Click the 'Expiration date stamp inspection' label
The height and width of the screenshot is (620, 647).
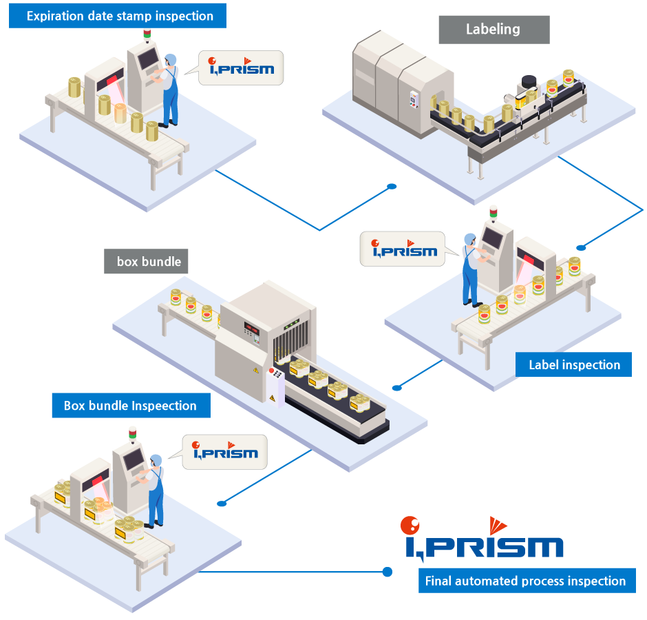pyautogui.click(x=117, y=16)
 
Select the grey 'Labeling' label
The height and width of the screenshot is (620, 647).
pyautogui.click(x=494, y=30)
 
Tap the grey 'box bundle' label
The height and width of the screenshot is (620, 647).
pyautogui.click(x=149, y=262)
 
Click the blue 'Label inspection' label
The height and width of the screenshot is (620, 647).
pyautogui.click(x=573, y=364)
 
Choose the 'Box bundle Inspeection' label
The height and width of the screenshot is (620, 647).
pyautogui.click(x=130, y=406)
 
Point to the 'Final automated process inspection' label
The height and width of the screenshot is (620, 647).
pyautogui.click(x=526, y=581)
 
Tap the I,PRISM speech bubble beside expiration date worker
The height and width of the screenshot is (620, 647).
pyautogui.click(x=241, y=68)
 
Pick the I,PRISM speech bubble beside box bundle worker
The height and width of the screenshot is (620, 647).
pyautogui.click(x=224, y=452)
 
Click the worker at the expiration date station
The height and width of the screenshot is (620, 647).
pyautogui.click(x=169, y=90)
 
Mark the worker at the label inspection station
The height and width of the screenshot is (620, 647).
pyautogui.click(x=471, y=269)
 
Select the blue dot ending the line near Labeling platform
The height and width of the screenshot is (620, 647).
pyautogui.click(x=392, y=186)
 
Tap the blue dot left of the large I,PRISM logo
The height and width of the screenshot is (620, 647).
pyautogui.click(x=387, y=572)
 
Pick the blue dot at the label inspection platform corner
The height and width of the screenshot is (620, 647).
pyautogui.click(x=581, y=247)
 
